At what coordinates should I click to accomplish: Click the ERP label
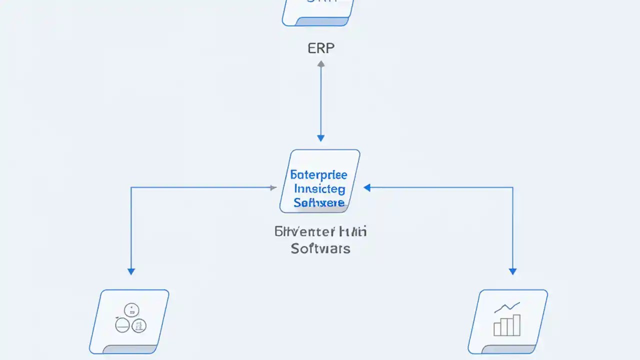click(320, 48)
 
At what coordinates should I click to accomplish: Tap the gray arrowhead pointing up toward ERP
click(321, 64)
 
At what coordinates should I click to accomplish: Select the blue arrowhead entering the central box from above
click(321, 138)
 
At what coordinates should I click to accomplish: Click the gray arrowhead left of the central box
click(273, 187)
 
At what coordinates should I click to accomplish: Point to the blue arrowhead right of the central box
click(367, 187)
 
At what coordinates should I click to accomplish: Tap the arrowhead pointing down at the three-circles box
click(131, 271)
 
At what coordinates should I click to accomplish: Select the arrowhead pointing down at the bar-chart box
click(512, 271)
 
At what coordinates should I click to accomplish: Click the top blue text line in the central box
click(318, 176)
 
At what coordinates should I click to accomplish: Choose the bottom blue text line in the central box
click(319, 202)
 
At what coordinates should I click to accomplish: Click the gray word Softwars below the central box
click(320, 248)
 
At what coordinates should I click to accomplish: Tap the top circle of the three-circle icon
click(131, 310)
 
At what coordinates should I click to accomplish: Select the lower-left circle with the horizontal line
click(122, 325)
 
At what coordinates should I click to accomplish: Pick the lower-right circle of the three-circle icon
click(139, 325)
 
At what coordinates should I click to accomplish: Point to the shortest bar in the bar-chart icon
click(497, 329)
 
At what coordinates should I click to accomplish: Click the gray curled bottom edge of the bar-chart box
click(505, 349)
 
